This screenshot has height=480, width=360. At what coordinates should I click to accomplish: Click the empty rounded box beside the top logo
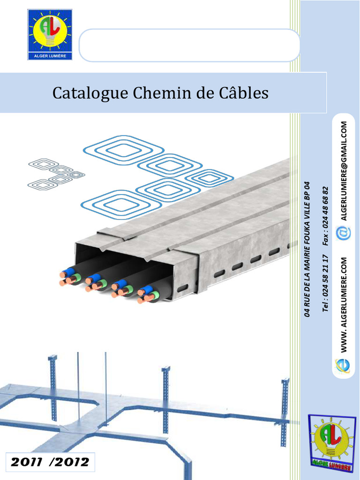click(189, 45)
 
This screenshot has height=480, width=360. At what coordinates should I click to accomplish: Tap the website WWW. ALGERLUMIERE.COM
click(344, 304)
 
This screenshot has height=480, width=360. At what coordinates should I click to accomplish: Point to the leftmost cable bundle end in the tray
click(69, 277)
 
